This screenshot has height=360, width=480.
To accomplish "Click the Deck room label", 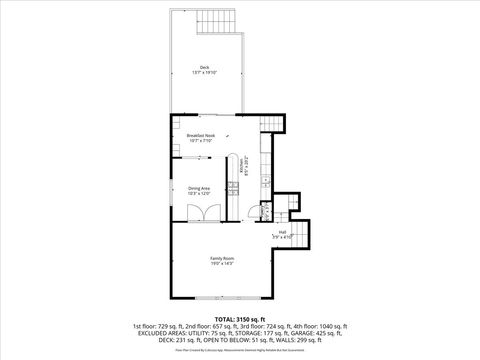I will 204,67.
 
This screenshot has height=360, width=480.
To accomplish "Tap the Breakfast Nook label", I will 201,136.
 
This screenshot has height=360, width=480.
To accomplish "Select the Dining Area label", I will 199,188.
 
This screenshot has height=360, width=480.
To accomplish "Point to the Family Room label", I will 222,258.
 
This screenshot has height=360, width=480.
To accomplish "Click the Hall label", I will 283,232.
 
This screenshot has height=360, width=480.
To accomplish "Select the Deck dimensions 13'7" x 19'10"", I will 204,73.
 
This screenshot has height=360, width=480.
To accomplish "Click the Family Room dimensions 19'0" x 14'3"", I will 222,264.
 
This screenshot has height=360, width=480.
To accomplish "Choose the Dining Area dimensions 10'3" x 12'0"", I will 199,194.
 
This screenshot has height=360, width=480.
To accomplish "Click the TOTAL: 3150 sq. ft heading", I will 239,319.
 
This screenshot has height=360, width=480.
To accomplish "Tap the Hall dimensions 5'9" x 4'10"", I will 283,238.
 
